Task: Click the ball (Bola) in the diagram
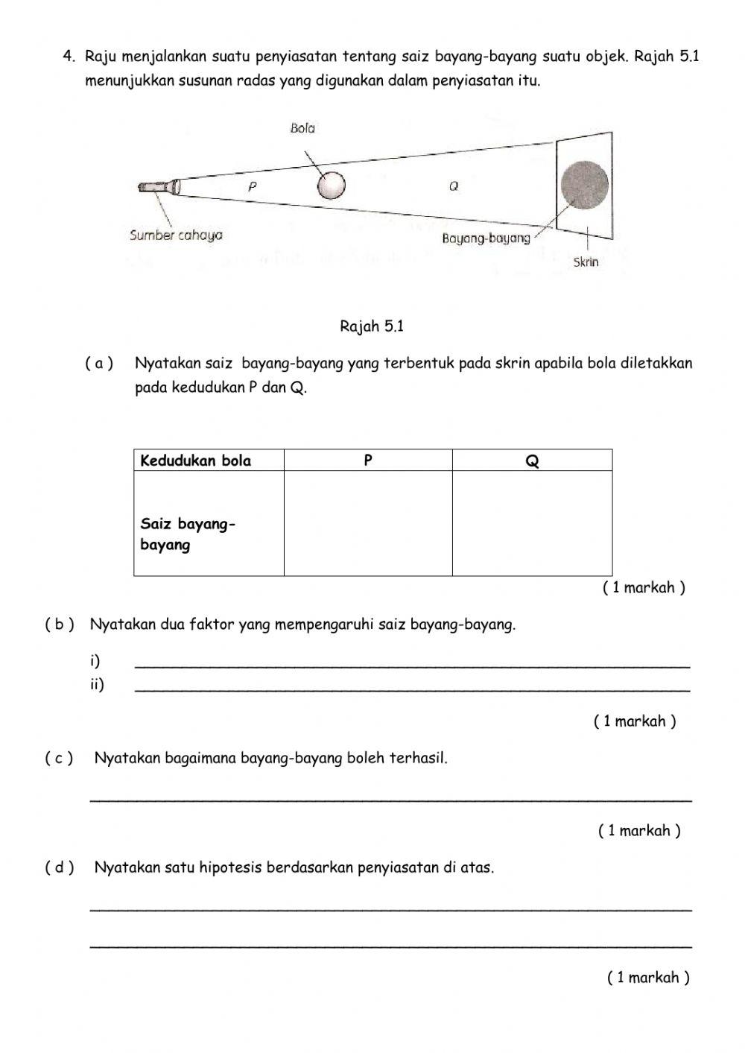click(331, 186)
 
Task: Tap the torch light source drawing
click(159, 186)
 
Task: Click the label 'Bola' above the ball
click(302, 128)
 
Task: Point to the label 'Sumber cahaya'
click(176, 235)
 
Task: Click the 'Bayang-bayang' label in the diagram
click(486, 238)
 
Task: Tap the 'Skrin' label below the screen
click(586, 262)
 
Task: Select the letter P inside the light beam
click(253, 187)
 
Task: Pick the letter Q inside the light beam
click(453, 187)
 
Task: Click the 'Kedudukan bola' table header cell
click(196, 461)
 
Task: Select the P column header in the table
click(368, 461)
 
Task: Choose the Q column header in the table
click(532, 461)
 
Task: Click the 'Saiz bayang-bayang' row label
click(188, 534)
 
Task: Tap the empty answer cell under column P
click(368, 524)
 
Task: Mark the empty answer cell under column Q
click(532, 524)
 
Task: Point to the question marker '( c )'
click(59, 759)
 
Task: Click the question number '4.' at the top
click(70, 56)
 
